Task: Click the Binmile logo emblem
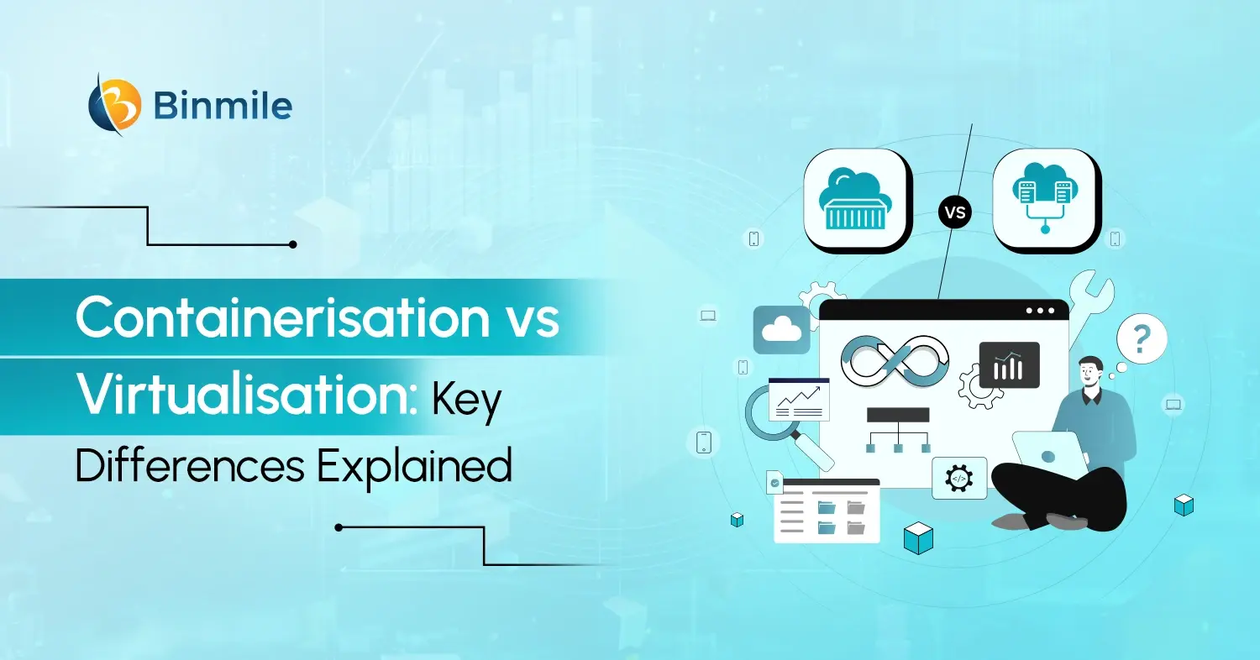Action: point(115,104)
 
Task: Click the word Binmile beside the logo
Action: point(223,106)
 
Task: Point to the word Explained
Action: point(414,464)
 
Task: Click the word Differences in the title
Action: point(190,464)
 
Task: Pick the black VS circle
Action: point(955,212)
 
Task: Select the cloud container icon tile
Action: point(858,199)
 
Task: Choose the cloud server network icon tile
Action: point(1046,199)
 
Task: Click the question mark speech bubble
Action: point(1141,340)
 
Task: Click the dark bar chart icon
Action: point(1009,365)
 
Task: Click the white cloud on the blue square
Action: point(781,329)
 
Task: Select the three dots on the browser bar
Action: point(1039,311)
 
